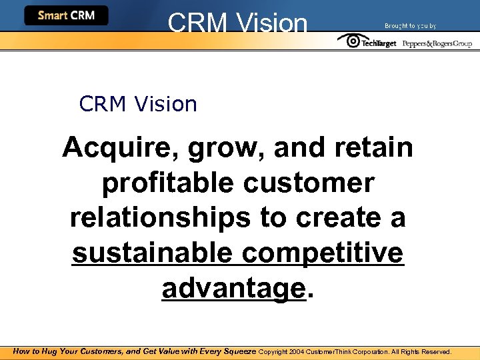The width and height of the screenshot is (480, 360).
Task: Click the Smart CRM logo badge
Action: (66, 15)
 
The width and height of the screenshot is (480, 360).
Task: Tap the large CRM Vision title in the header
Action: (238, 23)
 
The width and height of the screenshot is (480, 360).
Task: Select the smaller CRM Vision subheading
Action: (138, 104)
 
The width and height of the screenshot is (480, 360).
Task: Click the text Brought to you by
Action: (410, 25)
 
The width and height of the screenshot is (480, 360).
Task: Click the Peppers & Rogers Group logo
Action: (437, 43)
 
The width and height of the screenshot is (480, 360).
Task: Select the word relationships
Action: (158, 218)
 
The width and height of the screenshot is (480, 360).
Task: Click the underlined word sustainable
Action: (152, 253)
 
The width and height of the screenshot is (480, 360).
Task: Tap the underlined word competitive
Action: (323, 253)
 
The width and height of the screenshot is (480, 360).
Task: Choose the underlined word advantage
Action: (233, 288)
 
